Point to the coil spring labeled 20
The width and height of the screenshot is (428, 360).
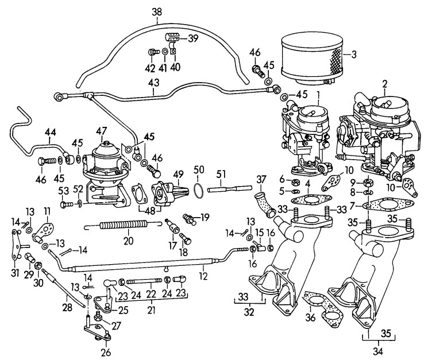click(x=114, y=226)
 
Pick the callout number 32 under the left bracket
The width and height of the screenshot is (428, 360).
click(x=248, y=313)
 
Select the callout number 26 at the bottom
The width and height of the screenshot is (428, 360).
click(x=105, y=351)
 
